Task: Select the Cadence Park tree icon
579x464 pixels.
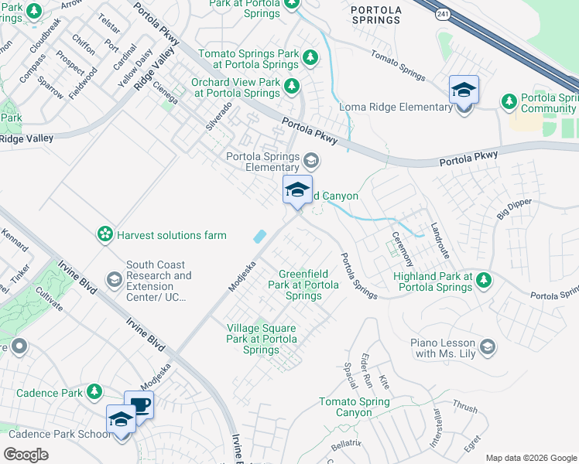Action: (x=94, y=392)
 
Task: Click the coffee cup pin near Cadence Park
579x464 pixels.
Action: (x=139, y=406)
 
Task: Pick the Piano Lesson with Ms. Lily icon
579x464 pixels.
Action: (x=487, y=346)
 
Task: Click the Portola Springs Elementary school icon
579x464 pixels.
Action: (x=311, y=160)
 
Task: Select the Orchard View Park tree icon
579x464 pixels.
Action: (x=292, y=85)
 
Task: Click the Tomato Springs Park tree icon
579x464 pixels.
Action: (x=310, y=57)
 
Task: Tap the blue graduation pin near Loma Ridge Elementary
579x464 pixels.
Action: (x=463, y=90)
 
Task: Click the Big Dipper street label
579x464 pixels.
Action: (x=515, y=207)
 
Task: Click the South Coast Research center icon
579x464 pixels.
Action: (x=114, y=278)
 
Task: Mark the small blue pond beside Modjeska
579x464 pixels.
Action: (x=260, y=235)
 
